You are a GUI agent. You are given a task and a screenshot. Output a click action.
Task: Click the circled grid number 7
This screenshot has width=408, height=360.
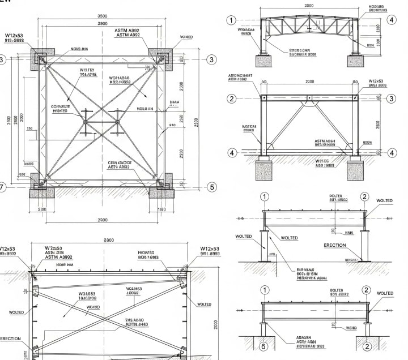pos(2,187)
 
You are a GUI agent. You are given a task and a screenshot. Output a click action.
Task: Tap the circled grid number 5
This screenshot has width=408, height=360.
pos(212,187)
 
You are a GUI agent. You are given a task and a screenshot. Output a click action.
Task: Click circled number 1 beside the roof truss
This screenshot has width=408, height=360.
pos(231,20)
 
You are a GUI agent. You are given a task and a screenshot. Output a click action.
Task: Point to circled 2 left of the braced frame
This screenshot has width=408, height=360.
pos(231,98)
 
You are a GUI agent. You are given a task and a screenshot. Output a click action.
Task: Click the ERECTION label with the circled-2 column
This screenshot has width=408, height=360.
pos(334,245)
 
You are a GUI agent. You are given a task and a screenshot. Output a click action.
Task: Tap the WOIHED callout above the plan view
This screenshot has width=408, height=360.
pos(186,37)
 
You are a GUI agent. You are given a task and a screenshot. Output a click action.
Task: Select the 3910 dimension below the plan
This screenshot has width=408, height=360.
pos(41,209)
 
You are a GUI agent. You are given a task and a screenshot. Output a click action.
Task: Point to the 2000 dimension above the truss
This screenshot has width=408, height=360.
pos(308,6)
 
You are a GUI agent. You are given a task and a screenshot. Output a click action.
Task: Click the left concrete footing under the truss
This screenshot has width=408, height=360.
pos(265,61)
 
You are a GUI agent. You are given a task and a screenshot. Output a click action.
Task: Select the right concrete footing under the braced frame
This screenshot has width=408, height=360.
pos(355,170)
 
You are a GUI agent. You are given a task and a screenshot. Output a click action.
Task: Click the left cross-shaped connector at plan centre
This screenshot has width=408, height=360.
pos(86,122)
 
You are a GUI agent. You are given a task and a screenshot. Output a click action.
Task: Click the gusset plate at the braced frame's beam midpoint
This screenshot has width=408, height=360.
pos(309,100)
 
